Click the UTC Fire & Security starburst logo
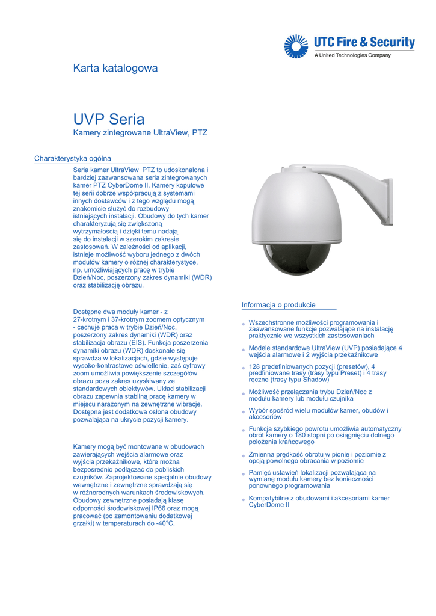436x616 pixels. (295, 46)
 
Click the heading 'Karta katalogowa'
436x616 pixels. (115, 69)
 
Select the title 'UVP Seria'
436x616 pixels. (109, 119)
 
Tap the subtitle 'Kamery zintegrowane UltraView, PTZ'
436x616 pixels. (140, 132)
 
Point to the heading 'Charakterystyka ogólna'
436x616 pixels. (73, 159)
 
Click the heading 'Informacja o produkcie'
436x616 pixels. (278, 305)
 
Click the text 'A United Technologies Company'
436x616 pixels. (353, 55)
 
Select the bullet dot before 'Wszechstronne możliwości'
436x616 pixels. (244, 324)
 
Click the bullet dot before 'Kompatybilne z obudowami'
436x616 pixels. (244, 499)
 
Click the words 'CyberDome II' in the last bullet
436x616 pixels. (269, 505)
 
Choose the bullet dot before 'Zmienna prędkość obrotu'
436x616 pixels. (244, 455)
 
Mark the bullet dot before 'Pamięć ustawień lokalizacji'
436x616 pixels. (244, 474)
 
